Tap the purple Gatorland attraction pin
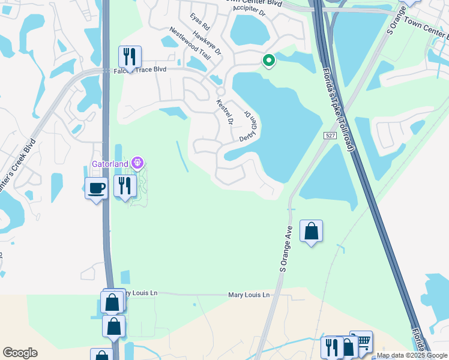(x=137, y=163)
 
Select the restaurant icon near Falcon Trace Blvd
(x=130, y=57)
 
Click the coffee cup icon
(x=96, y=188)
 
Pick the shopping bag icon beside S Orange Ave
(x=311, y=231)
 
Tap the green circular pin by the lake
(x=268, y=60)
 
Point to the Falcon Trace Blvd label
(x=139, y=70)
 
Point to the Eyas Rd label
(x=200, y=22)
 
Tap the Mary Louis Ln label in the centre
(x=249, y=295)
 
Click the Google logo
(x=20, y=353)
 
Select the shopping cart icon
(x=361, y=341)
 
